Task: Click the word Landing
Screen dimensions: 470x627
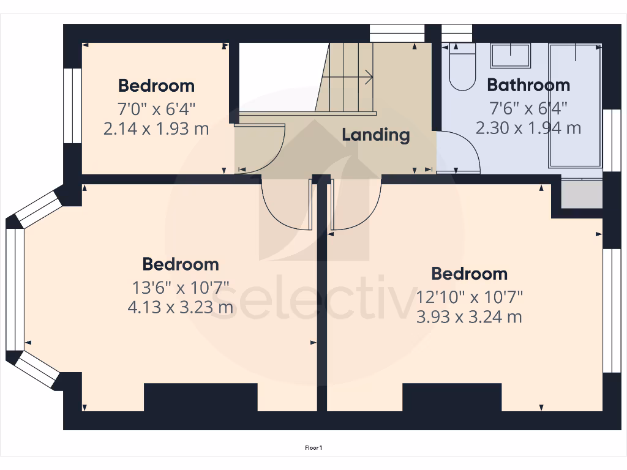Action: (375, 135)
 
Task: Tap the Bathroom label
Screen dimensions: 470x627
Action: (528, 85)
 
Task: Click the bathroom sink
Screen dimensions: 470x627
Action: (511, 55)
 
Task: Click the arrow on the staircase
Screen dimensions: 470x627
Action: (367, 77)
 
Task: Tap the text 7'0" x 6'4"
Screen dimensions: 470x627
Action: (156, 110)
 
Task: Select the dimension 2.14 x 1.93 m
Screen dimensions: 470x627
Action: (156, 129)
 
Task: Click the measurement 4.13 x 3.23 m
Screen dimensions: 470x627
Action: (180, 307)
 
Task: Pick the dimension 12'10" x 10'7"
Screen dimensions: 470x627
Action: (470, 297)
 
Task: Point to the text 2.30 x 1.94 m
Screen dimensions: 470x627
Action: (528, 128)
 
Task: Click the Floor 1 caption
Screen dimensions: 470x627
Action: (313, 448)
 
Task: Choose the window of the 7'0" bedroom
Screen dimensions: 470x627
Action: (73, 105)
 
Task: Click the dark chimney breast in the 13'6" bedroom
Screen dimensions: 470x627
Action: (200, 397)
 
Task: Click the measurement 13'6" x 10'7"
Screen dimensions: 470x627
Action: (180, 287)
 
